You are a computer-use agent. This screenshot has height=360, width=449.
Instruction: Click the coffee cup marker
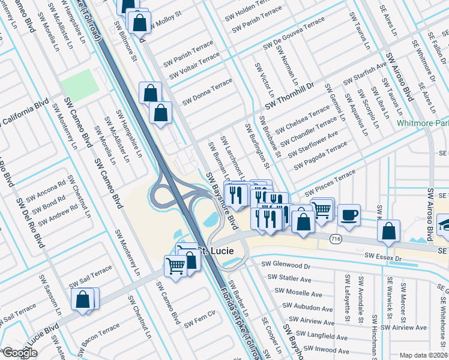[349, 215]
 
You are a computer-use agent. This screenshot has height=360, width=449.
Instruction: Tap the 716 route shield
[336, 239]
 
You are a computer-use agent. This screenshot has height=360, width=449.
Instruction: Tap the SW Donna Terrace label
[207, 90]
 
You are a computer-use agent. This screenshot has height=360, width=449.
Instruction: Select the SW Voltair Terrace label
[194, 66]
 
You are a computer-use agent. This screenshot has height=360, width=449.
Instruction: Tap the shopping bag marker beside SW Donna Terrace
[150, 93]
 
